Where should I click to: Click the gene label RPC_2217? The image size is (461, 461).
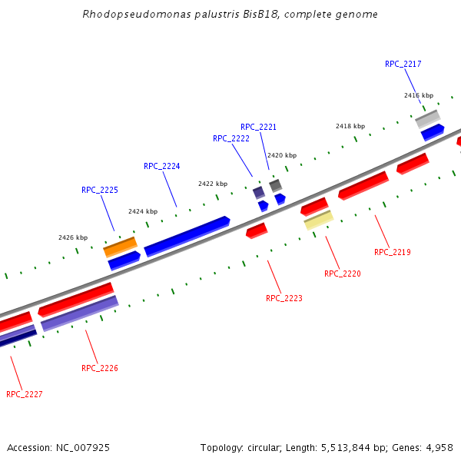(x=403, y=65)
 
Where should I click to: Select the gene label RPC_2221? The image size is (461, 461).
(x=258, y=128)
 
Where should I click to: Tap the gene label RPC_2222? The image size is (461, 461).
(x=230, y=139)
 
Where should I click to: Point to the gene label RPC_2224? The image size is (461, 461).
(x=161, y=167)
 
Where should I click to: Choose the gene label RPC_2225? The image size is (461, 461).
(x=100, y=191)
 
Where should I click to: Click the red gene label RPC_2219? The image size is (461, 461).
(x=392, y=253)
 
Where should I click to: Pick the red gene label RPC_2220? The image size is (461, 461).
(x=342, y=274)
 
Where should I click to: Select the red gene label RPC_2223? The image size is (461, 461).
(x=284, y=299)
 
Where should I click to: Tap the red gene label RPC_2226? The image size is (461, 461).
(x=100, y=369)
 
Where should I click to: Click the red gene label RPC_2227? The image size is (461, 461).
(x=25, y=395)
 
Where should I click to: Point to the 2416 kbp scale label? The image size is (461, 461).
(x=419, y=96)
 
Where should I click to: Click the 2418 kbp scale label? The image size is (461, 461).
(x=350, y=127)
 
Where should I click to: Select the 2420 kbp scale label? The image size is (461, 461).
(x=281, y=156)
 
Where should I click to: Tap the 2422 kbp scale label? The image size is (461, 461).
(x=213, y=184)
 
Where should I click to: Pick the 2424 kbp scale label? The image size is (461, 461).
(x=143, y=212)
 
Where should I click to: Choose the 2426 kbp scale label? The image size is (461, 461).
(x=73, y=238)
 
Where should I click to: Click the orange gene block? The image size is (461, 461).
(x=120, y=247)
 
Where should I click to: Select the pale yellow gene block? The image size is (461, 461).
(x=318, y=220)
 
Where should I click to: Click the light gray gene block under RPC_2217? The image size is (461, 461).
(x=428, y=119)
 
